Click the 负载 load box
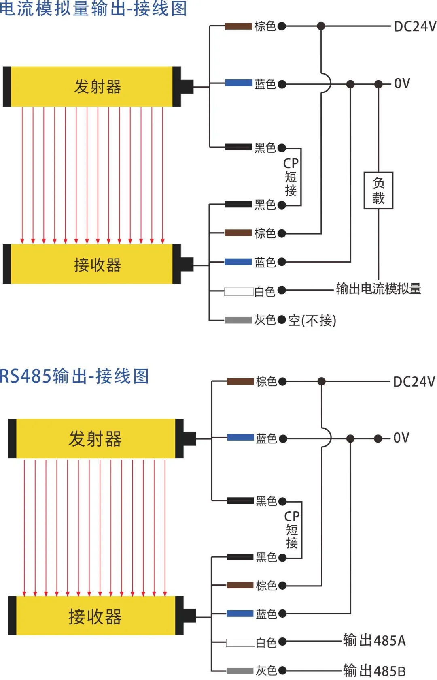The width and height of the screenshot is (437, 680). click(378, 190)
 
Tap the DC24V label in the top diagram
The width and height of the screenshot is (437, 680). click(415, 26)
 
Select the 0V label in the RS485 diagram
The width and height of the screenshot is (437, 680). click(401, 438)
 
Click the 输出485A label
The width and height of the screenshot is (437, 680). click(374, 640)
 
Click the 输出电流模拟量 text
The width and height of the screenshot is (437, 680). click(378, 289)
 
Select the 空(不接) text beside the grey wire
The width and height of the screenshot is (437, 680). click(312, 320)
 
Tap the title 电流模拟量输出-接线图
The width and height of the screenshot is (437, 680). click(93, 9)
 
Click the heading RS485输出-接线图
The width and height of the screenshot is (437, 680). click(74, 376)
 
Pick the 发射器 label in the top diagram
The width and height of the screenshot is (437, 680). click(98, 87)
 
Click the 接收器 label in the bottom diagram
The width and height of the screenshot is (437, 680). click(95, 617)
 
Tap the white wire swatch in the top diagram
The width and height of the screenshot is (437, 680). click(239, 291)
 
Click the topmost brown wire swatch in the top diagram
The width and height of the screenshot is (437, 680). click(238, 26)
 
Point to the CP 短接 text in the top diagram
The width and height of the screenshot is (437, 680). click(291, 177)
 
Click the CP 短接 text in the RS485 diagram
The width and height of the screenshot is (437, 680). click(292, 529)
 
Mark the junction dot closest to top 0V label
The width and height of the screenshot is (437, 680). click(378, 84)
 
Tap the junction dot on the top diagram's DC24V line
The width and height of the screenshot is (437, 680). click(321, 26)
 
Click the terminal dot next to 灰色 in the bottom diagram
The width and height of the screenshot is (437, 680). click(282, 671)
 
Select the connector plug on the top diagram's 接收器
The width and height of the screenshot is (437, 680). click(187, 265)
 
